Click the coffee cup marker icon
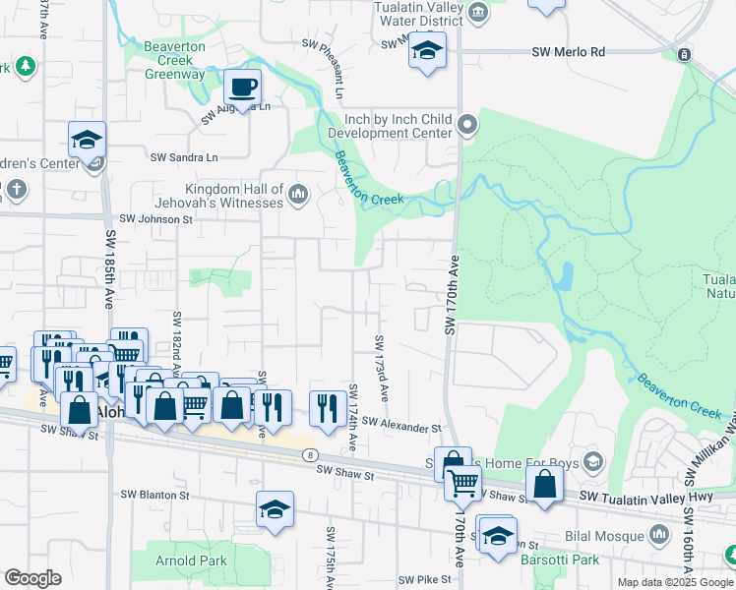[242, 87]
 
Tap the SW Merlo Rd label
[569, 52]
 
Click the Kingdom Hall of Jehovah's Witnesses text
[234, 197]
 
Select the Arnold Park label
[178, 560]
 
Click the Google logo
[32, 578]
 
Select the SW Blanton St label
[154, 495]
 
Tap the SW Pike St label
[423, 580]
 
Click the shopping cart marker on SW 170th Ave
[462, 483]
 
